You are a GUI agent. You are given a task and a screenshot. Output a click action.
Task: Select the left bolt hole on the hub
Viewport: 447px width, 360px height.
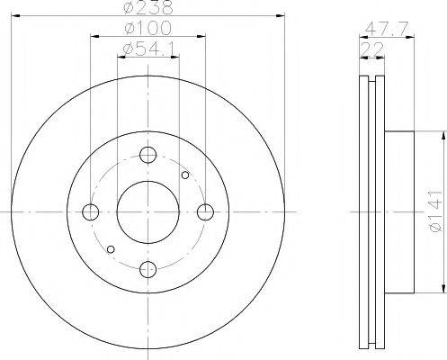tap(91, 212)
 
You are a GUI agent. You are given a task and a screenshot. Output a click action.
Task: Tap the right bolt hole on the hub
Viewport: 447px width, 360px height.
tap(206, 212)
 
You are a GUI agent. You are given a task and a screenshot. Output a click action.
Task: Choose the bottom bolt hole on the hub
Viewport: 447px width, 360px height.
tap(148, 269)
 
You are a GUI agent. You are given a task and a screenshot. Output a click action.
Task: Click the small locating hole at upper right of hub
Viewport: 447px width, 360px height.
tap(185, 175)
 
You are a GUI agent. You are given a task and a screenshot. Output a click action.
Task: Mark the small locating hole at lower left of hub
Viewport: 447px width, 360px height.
tap(111, 249)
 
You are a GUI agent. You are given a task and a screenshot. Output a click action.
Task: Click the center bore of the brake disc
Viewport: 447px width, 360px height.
tap(148, 212)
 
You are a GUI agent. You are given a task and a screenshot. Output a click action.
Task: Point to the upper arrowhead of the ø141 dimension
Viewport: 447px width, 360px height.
tap(443, 136)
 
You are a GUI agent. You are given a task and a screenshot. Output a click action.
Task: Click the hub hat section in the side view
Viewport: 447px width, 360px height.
tap(400, 212)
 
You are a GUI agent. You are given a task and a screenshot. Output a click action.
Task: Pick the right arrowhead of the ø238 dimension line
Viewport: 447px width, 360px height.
tap(281, 17)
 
